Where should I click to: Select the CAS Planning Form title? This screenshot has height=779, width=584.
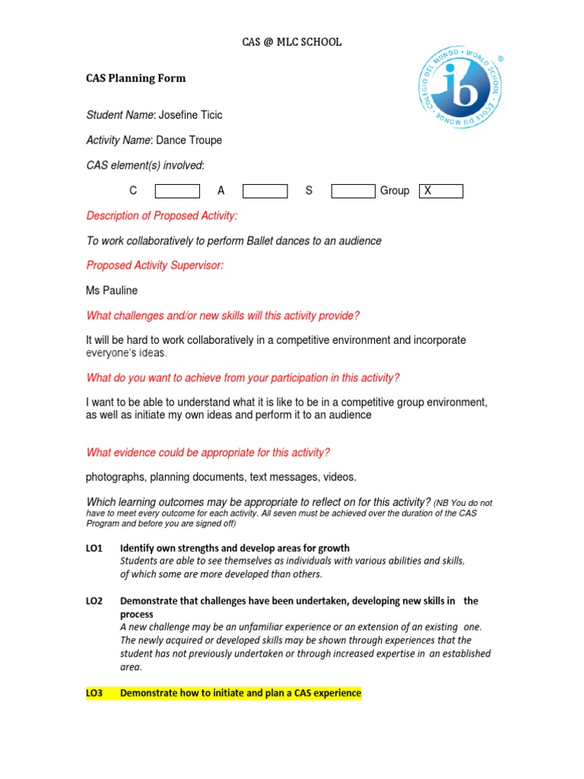pos(135,78)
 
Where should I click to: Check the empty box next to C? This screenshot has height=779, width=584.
pos(177,191)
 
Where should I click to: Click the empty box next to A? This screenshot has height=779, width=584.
pos(265,191)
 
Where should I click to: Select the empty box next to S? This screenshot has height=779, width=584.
pos(353,191)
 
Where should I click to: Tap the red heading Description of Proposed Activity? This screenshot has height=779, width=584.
pos(162,216)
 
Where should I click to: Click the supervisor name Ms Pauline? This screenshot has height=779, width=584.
pos(112,291)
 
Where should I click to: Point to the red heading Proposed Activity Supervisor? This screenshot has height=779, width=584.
pos(155,265)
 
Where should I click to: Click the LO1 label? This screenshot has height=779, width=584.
pos(94,548)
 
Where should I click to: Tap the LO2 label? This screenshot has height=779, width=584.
pos(94,601)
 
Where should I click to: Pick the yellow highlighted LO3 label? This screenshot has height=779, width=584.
pos(94,693)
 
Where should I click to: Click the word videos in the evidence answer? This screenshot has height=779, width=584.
pos(338,477)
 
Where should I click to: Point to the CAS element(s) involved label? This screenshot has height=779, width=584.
pos(145,166)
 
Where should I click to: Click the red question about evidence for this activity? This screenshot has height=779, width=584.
pos(208,453)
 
